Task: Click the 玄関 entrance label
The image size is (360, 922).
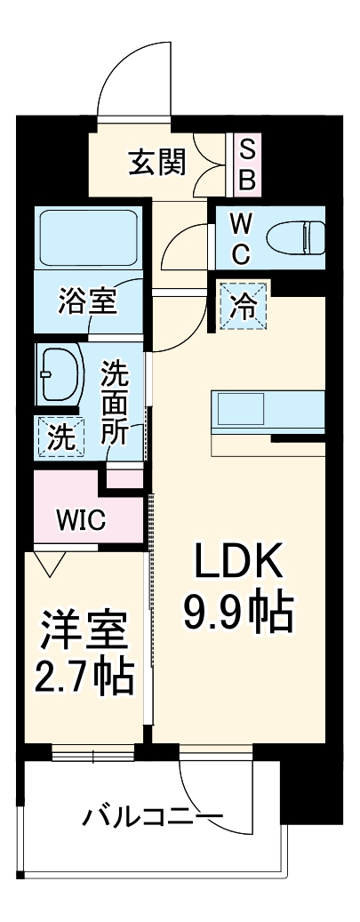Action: point(157,162)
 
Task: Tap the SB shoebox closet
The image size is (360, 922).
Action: point(248,166)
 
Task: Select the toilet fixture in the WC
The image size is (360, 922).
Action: point(295,237)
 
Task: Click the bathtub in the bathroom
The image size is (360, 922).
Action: point(89,238)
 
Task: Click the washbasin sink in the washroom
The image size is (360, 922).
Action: point(61,374)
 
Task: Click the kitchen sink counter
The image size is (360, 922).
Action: point(268,413)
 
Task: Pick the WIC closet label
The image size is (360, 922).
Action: point(81,518)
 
